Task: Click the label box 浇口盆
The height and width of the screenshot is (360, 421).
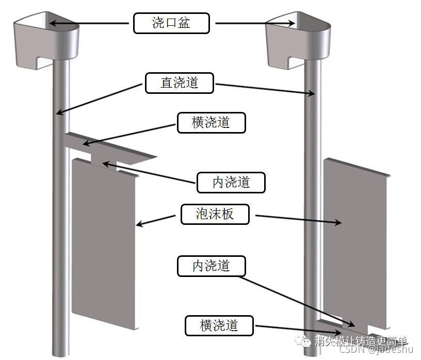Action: (172, 23)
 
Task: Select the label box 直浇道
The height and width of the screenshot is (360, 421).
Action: (179, 83)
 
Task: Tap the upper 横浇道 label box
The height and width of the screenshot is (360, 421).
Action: (211, 123)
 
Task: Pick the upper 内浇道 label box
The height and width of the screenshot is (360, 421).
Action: (231, 182)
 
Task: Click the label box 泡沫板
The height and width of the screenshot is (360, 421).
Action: (215, 214)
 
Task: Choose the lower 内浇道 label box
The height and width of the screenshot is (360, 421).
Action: (211, 266)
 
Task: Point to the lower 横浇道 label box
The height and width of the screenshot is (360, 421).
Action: (219, 326)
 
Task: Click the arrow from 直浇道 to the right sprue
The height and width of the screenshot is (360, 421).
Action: (263, 88)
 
